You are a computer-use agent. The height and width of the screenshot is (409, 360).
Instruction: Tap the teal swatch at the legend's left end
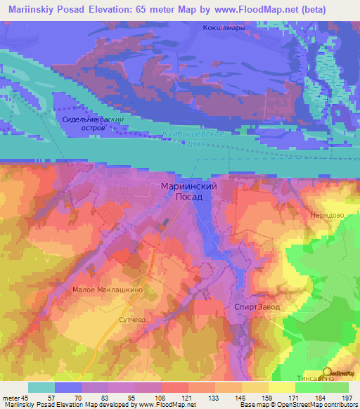point(41,387)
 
